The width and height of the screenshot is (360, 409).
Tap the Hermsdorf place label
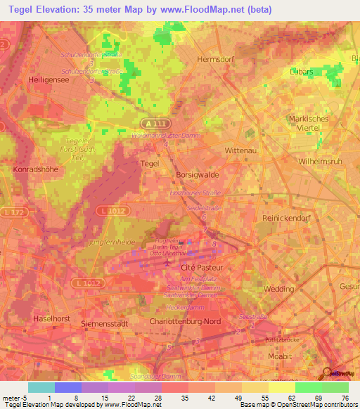pyautogui.click(x=215, y=60)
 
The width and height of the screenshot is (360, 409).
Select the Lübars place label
pyautogui.click(x=304, y=72)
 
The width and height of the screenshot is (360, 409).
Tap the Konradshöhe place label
pyautogui.click(x=36, y=169)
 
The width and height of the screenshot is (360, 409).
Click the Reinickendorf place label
pyautogui.click(x=286, y=219)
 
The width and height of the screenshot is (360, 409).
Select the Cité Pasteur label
pyautogui.click(x=202, y=268)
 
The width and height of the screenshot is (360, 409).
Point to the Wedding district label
pyautogui.click(x=280, y=289)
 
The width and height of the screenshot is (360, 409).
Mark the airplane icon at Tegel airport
pyautogui.click(x=167, y=263)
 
